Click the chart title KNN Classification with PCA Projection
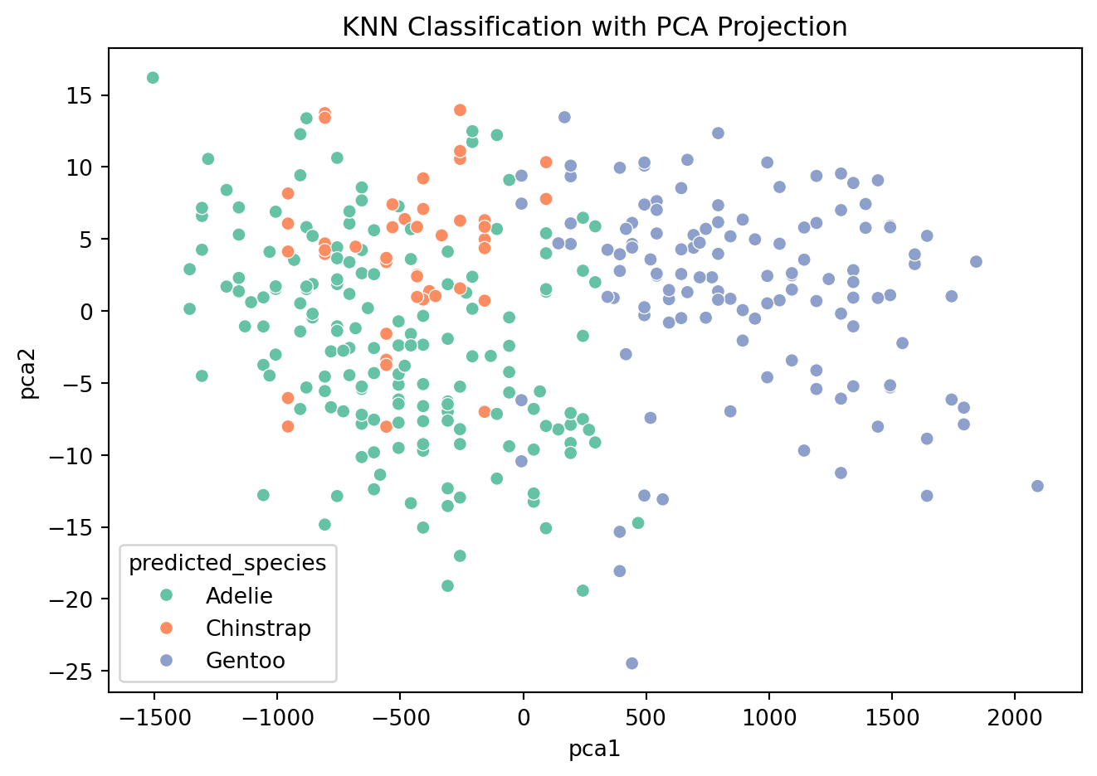coord(594,27)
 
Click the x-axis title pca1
coord(594,749)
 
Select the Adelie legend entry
coord(239,595)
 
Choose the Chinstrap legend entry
coord(258,628)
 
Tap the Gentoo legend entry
coord(245,661)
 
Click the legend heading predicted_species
coord(227,563)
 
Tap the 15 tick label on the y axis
coord(82,95)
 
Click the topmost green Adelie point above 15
coord(153,78)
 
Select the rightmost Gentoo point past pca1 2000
coord(1037,486)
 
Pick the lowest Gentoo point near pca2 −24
coord(631,663)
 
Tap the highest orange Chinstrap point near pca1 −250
coord(460,110)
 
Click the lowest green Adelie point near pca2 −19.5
coord(583,590)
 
